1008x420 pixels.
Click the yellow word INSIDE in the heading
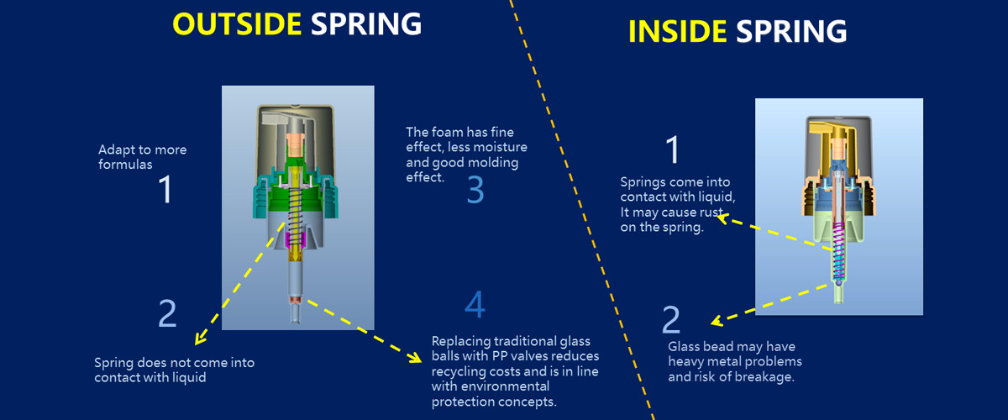tap(676, 31)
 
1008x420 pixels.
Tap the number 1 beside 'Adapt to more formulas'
tap(165, 190)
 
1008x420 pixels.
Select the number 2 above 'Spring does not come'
tap(167, 313)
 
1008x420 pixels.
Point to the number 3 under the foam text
tap(475, 191)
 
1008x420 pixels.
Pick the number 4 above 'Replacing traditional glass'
tap(475, 305)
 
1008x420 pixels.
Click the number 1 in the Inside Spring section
tap(672, 151)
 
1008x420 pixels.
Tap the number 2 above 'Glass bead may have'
tap(670, 320)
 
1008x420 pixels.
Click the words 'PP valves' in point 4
tap(501, 356)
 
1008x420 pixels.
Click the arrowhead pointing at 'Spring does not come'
tap(199, 339)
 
